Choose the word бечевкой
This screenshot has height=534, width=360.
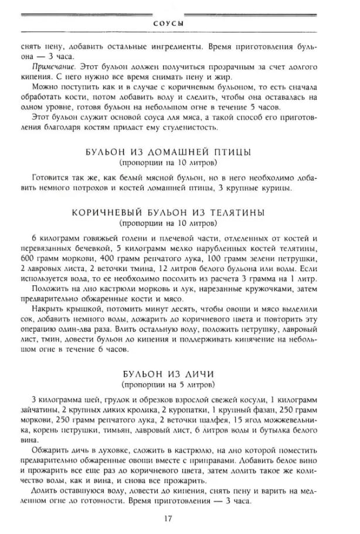89,249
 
